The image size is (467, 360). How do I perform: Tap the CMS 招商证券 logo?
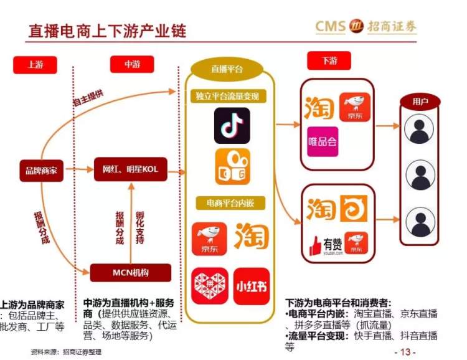pyautogui.click(x=366, y=26)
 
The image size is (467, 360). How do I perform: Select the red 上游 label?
pyautogui.click(x=35, y=65)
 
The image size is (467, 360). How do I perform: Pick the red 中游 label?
pyautogui.click(x=131, y=64)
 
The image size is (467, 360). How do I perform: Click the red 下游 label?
pyautogui.click(x=329, y=61)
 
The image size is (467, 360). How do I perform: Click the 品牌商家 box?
pyautogui.click(x=41, y=169)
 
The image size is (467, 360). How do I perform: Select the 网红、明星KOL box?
pyautogui.click(x=131, y=169)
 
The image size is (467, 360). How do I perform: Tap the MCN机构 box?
pyautogui.click(x=130, y=273)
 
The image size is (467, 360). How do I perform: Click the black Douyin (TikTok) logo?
pyautogui.click(x=232, y=126)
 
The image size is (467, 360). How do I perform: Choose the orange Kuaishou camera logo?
pyautogui.click(x=232, y=166)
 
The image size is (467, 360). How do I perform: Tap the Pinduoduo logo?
pyautogui.click(x=209, y=287)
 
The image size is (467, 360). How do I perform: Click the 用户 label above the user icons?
pyautogui.click(x=420, y=102)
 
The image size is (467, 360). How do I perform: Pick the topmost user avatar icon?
pyautogui.click(x=420, y=129)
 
